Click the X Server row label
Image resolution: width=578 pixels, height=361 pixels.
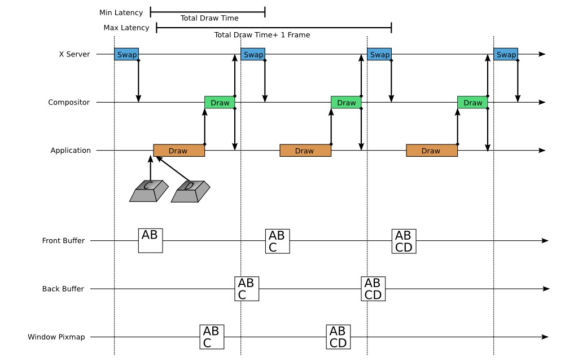click(75, 55)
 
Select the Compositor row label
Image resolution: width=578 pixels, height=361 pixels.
click(69, 103)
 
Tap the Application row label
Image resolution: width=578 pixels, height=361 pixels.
click(71, 151)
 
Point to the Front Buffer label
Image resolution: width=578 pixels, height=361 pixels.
click(63, 241)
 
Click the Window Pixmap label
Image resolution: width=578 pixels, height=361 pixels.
click(56, 337)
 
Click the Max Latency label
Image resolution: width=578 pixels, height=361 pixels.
click(126, 28)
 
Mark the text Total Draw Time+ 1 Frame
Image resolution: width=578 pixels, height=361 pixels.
click(262, 35)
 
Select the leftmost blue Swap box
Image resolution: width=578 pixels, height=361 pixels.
click(126, 55)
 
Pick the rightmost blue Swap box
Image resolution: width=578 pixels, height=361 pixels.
click(506, 55)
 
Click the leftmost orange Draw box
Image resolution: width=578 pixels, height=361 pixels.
click(178, 151)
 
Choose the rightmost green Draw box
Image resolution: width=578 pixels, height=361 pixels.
click(472, 103)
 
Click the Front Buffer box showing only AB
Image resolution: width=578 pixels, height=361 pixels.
click(150, 240)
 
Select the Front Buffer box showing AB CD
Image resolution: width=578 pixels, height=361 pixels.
click(404, 240)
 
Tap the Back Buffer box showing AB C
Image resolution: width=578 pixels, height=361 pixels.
click(247, 288)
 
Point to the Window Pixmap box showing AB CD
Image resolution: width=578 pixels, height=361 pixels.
click(338, 337)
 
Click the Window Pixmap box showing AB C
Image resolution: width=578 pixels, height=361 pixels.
click(211, 337)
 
